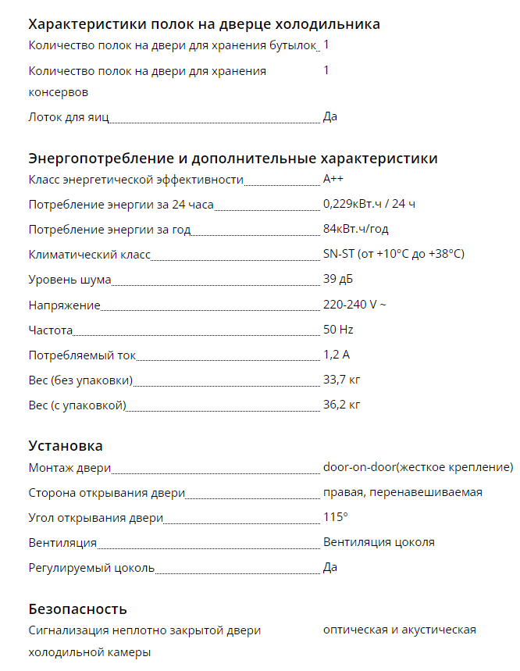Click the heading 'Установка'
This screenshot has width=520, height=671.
coord(66,446)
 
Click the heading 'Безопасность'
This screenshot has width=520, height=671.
coord(77,609)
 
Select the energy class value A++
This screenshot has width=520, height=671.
coord(333,180)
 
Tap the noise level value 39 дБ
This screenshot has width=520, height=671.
coord(338,280)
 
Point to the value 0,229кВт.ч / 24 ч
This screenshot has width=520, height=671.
coord(369,205)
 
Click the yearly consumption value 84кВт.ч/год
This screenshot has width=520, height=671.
coord(355,230)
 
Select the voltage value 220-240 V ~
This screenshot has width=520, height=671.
coord(354,305)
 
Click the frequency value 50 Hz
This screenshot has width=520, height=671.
coord(338,330)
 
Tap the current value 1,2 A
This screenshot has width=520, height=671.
coord(337,355)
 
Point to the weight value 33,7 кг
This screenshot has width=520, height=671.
coord(341,380)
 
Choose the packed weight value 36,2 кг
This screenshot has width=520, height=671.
coord(341,405)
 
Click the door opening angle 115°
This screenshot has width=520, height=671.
coord(335,517)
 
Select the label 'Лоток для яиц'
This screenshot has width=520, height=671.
coord(68,117)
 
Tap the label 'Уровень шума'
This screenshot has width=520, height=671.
coord(69,280)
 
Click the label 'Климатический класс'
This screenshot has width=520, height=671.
coord(89,255)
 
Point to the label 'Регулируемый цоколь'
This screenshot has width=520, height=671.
coord(91,567)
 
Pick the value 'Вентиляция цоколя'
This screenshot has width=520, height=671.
coord(379,542)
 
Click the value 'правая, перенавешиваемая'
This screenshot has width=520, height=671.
coord(402,492)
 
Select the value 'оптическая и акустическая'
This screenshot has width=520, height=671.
coord(399,630)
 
